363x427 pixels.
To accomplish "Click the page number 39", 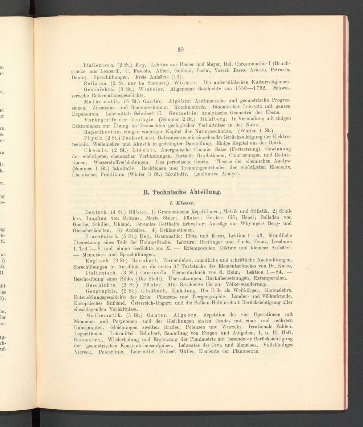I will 181,50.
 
